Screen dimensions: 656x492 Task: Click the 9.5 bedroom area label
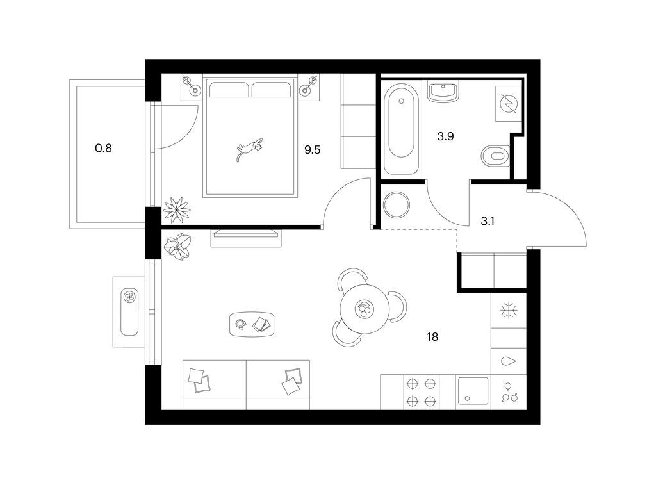point(312,150)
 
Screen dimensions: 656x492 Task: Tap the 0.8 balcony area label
point(103,148)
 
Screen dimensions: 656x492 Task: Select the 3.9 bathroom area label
point(446,136)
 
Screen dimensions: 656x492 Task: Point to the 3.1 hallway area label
point(488,221)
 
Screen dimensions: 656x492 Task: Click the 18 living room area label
point(432,337)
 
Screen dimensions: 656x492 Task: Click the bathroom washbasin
point(443,92)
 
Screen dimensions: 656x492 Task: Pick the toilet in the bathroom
point(496,156)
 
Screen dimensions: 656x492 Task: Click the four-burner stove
point(422,393)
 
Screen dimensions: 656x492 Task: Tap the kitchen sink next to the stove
point(473,391)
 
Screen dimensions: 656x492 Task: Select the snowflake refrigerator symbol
point(509,311)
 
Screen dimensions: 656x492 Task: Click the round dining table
point(363,309)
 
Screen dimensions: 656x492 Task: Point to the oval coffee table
point(252,324)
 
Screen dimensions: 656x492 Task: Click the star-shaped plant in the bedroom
point(176,209)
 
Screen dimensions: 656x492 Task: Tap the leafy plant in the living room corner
point(178,247)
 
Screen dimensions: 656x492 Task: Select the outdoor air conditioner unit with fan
point(129,312)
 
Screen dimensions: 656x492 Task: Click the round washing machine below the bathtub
point(396,205)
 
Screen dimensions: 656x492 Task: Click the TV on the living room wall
point(247,233)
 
